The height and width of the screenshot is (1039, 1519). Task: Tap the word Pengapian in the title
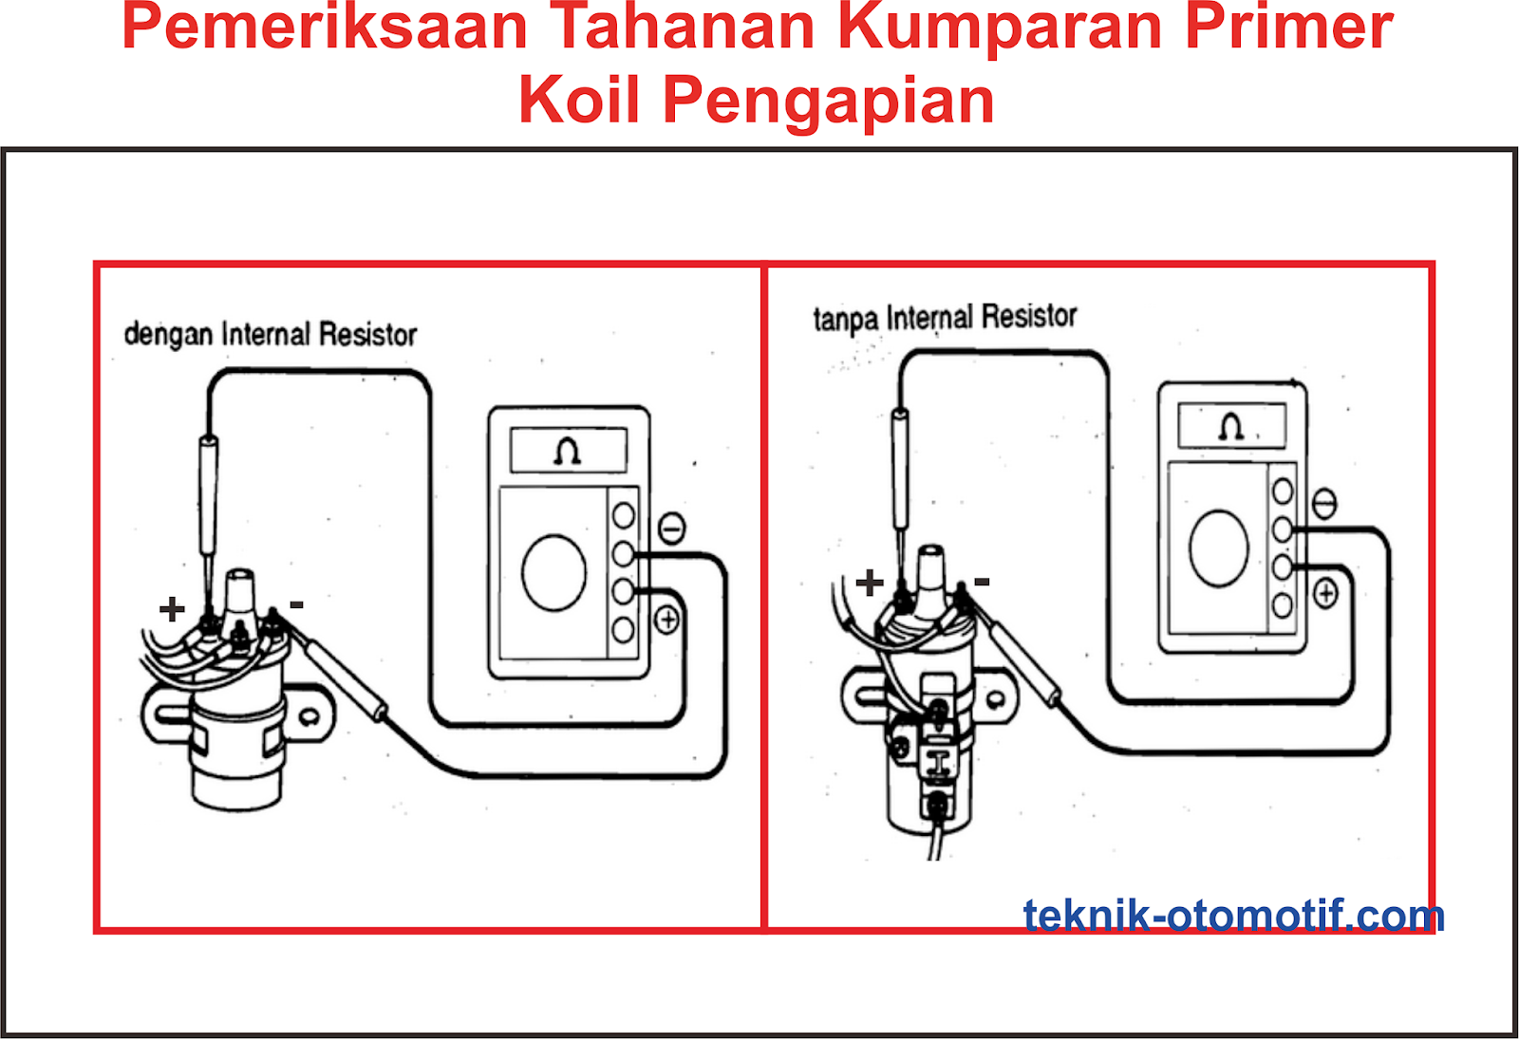[828, 100]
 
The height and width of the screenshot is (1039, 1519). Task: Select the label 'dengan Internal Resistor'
[271, 335]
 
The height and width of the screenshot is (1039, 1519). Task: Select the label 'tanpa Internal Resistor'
[945, 317]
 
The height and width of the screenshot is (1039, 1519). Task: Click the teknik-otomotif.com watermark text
[1233, 916]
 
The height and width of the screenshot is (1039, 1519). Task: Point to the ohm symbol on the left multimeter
[568, 451]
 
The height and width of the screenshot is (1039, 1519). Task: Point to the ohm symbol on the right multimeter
[1231, 426]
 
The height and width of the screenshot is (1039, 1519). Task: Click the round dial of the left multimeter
[554, 571]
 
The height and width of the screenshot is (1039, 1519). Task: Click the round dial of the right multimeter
[1219, 547]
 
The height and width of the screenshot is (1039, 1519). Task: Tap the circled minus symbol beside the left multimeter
[672, 528]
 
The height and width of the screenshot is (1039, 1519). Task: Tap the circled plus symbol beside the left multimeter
[668, 621]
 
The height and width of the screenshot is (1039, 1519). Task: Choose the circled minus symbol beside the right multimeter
[1324, 503]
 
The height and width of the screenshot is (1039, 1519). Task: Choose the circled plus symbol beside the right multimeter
[1325, 594]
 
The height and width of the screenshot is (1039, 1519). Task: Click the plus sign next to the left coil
[172, 608]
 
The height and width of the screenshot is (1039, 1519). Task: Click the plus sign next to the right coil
[869, 582]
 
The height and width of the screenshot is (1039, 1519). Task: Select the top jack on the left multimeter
[624, 515]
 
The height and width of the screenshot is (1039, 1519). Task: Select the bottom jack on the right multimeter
[1283, 604]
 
